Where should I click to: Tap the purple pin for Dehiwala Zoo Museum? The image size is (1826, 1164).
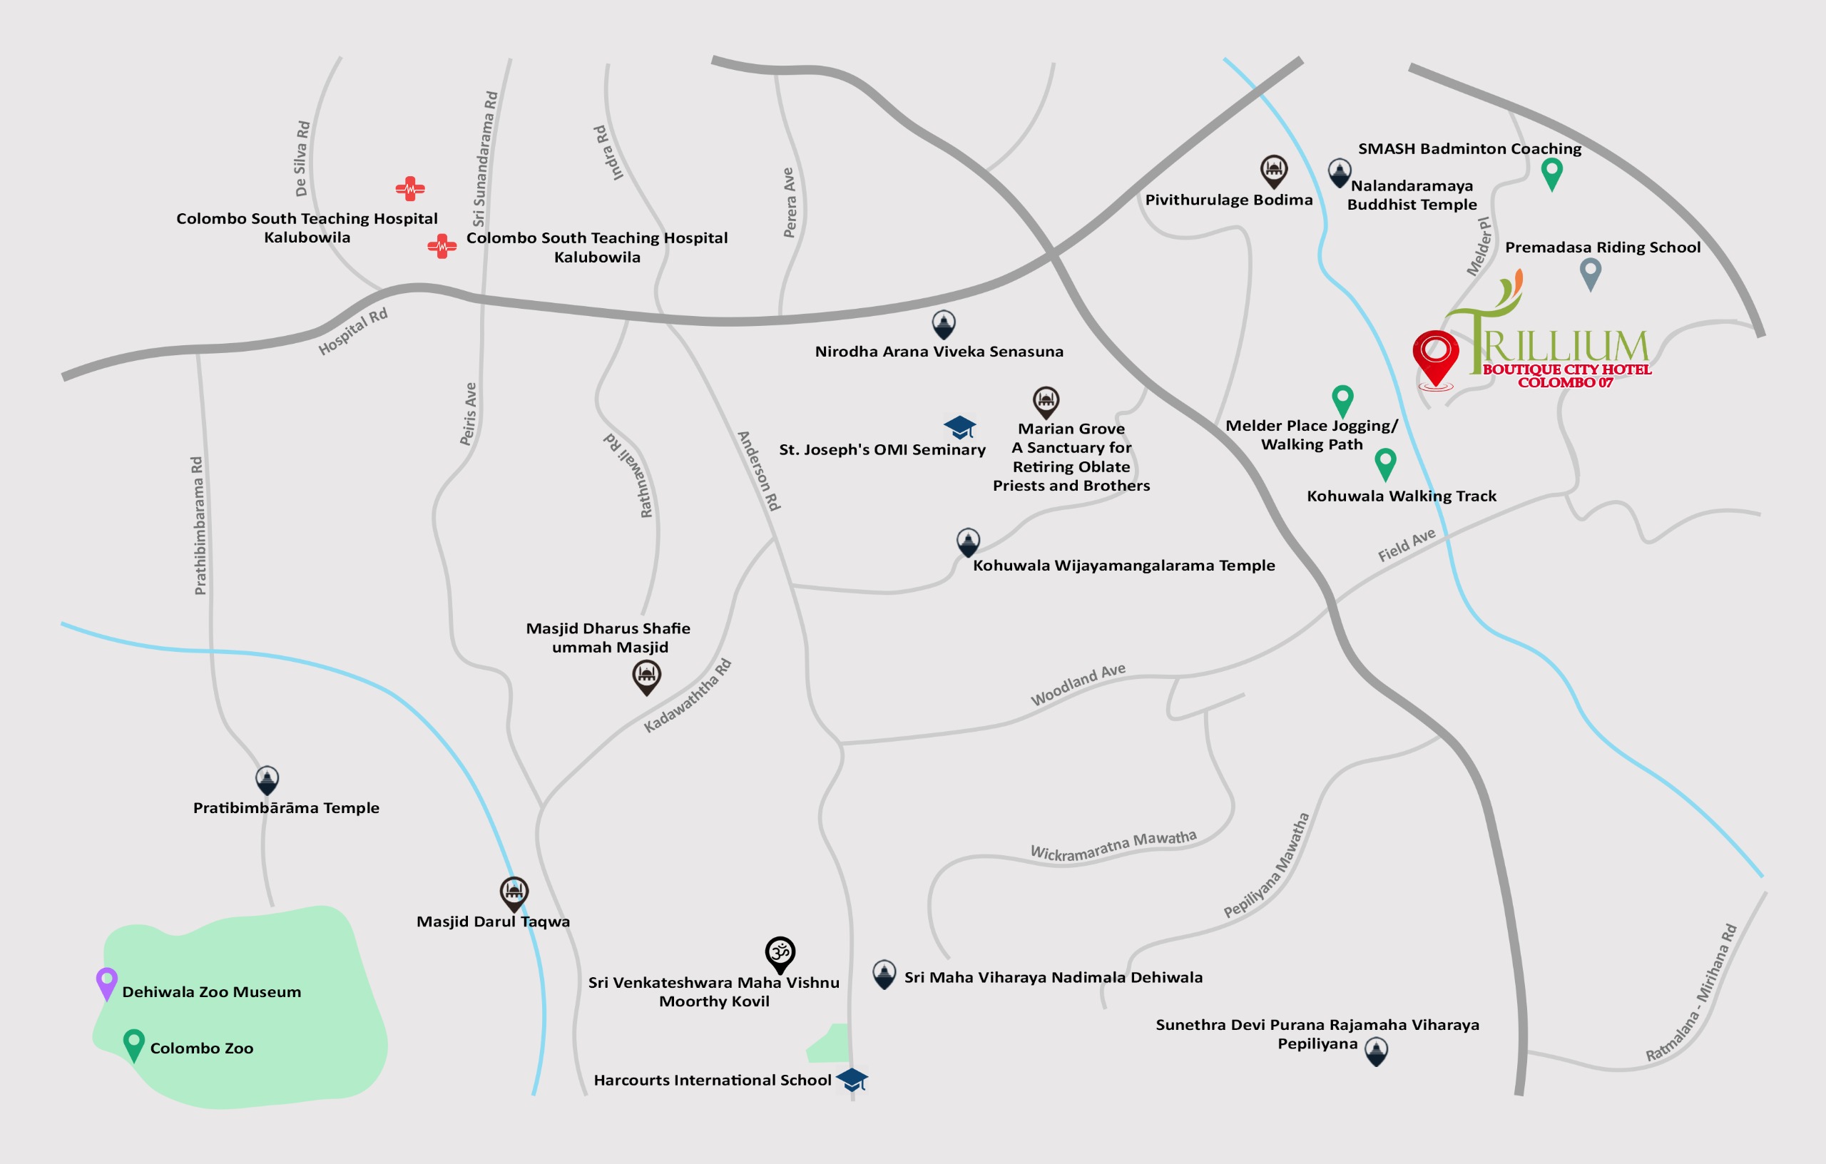pos(107,982)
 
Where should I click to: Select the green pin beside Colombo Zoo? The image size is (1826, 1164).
pos(133,1043)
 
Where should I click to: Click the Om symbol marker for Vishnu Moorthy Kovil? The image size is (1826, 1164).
pos(780,952)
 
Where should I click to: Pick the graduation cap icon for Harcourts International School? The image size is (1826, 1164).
pos(852,1079)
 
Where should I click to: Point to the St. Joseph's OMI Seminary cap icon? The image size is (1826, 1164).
pos(959,427)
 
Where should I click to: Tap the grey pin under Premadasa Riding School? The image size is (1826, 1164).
pos(1590,272)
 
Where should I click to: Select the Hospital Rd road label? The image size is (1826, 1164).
pos(352,332)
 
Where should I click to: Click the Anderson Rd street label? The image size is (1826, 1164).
pos(758,470)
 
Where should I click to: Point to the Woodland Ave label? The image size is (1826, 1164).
pos(1078,684)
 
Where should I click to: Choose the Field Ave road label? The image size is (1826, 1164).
pos(1406,544)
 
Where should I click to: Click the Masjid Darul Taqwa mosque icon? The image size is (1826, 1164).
pos(514,892)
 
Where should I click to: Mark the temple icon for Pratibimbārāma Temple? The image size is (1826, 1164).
pos(267,779)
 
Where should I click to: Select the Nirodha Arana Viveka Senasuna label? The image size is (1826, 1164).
pos(939,351)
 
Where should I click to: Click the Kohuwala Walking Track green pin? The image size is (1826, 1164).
pos(1384,463)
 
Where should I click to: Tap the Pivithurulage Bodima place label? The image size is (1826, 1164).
pos(1228,200)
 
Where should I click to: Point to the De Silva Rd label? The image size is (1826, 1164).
pos(302,158)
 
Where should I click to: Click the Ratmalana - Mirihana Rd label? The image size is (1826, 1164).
pos(1690,993)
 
